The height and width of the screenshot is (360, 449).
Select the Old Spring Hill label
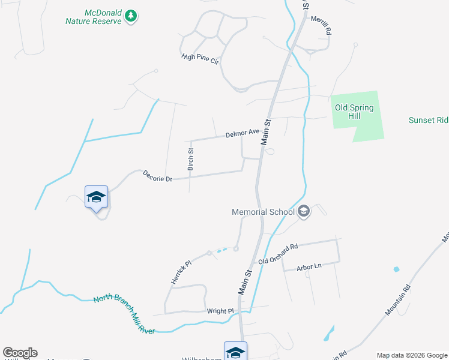pos(354,112)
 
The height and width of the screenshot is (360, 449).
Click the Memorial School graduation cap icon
pos(304,211)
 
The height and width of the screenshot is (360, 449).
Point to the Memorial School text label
pos(264,212)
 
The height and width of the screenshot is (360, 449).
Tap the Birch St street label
pos(190,159)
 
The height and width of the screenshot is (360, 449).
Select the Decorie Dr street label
pos(157,176)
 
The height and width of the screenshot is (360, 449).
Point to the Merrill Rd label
pos(321,26)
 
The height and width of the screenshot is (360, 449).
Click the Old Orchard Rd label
pos(278,254)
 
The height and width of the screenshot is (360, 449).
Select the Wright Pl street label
pos(220,311)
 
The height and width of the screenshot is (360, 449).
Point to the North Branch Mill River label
pos(124,314)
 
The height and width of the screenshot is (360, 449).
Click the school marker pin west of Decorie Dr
pos(96,198)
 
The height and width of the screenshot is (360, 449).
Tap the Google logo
pos(20,353)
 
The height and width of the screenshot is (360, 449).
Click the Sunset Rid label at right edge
pos(428,120)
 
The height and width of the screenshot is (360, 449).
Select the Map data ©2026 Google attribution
pos(412,355)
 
